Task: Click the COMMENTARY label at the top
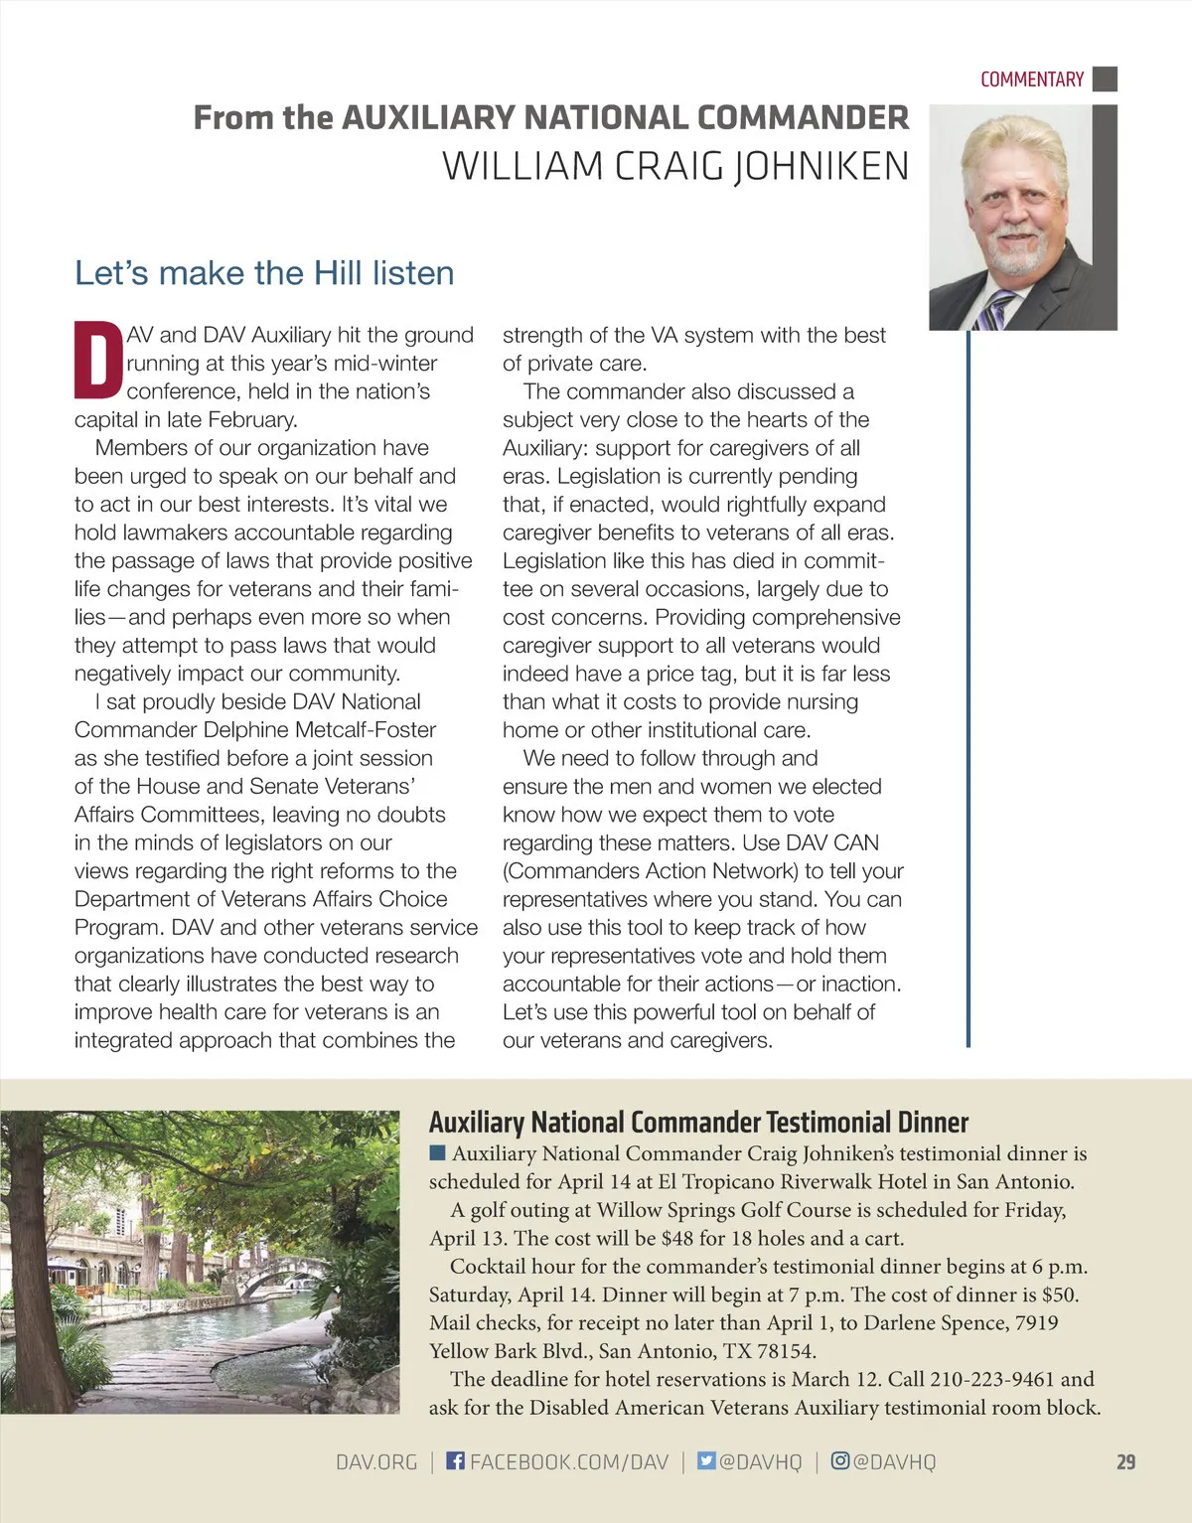click(1031, 79)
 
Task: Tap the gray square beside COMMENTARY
click(1105, 79)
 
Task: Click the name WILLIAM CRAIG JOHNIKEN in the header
click(675, 166)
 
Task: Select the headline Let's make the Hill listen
click(264, 273)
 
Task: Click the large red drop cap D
click(98, 360)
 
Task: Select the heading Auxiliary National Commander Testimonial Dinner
click(698, 1123)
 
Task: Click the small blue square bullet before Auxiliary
click(437, 1153)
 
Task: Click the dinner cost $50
click(1059, 1295)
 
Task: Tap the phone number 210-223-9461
click(992, 1380)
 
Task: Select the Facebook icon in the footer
click(455, 1461)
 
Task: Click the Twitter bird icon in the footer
click(706, 1461)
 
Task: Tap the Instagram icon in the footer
click(840, 1461)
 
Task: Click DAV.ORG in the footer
click(376, 1462)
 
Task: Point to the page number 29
click(1125, 1462)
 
